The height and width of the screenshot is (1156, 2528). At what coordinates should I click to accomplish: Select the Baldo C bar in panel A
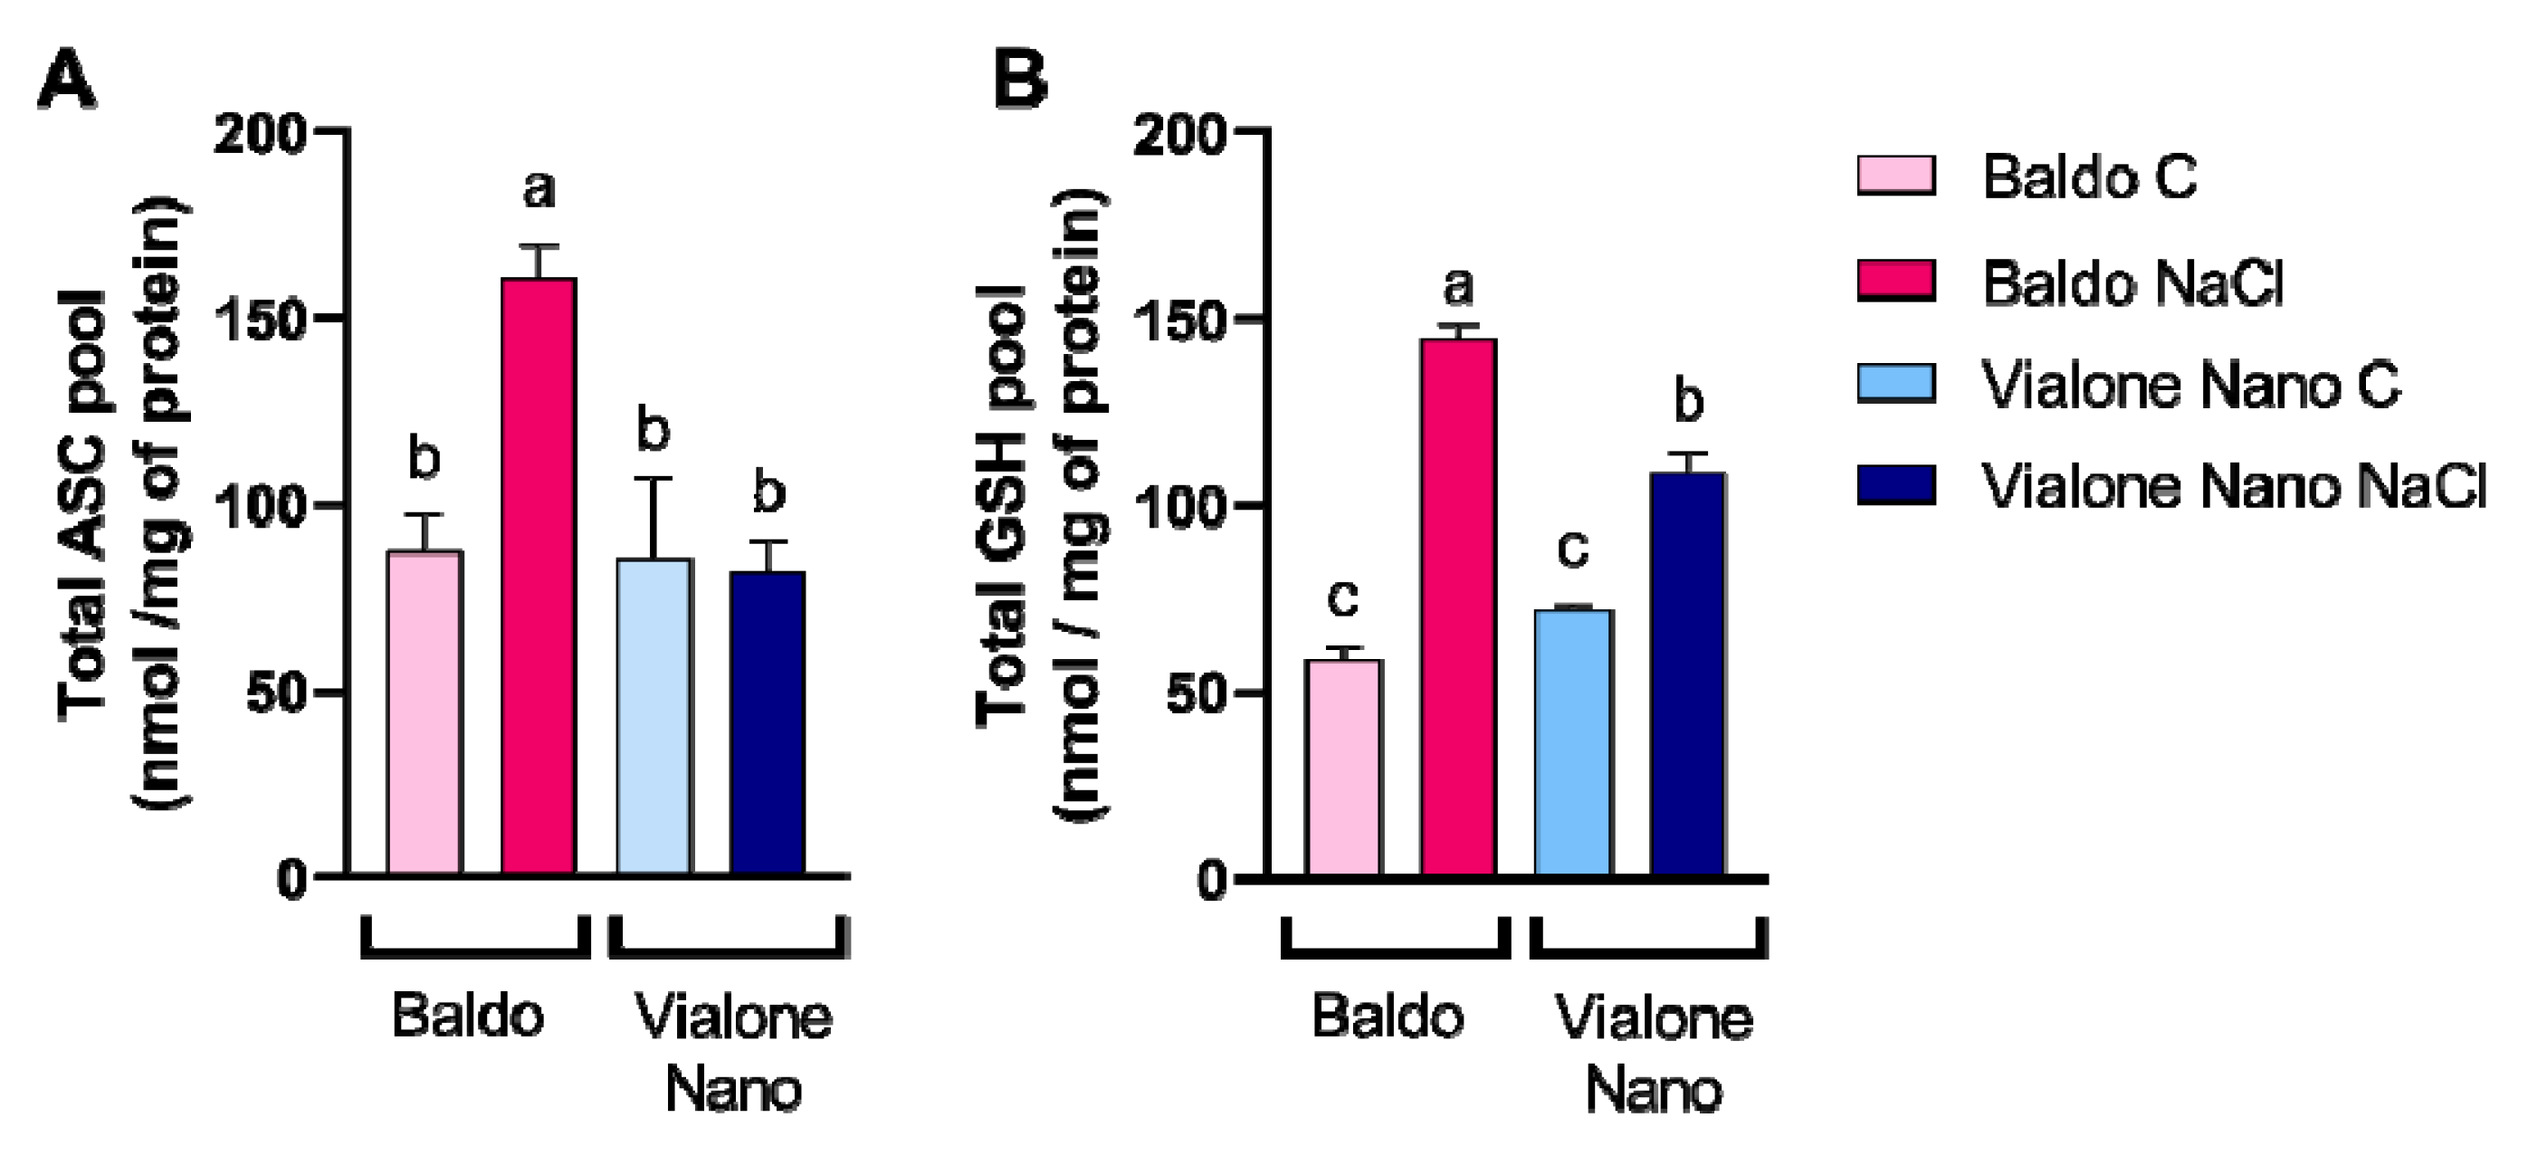[x=424, y=712]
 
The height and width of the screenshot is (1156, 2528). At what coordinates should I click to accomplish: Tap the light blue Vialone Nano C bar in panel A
[x=653, y=716]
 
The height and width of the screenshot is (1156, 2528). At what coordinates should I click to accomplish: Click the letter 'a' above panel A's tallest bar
[x=539, y=188]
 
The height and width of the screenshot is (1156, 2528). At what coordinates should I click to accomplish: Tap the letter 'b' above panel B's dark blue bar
[x=1688, y=401]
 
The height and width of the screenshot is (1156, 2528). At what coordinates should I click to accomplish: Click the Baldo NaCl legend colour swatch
[x=1896, y=282]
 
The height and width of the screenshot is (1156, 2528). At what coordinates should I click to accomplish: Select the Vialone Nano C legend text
[x=2190, y=385]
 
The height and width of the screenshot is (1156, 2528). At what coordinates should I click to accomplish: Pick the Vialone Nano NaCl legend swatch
[x=1896, y=485]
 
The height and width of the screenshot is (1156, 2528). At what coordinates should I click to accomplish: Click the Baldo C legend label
[x=2088, y=177]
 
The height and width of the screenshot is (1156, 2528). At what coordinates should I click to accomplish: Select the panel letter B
[x=1020, y=81]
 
